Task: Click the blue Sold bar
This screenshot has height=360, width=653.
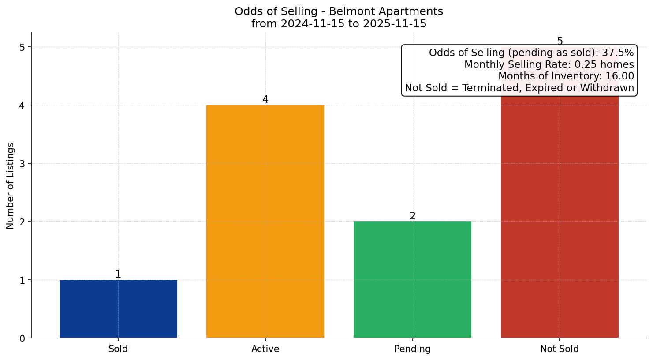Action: [118, 309]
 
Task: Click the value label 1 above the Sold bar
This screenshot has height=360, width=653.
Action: [118, 274]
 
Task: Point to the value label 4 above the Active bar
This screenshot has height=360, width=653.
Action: [265, 100]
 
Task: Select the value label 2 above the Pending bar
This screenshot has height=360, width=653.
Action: [412, 216]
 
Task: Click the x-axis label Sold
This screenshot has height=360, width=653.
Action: [118, 349]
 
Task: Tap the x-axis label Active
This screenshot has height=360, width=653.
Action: [265, 349]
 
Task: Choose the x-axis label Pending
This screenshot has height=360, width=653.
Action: [412, 349]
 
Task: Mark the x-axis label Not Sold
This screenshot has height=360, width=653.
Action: [560, 349]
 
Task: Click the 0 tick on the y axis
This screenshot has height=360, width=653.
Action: [22, 338]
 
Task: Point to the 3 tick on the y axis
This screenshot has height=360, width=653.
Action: [22, 164]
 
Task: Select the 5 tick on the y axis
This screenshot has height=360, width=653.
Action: [22, 47]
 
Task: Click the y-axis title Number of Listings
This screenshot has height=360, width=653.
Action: [11, 185]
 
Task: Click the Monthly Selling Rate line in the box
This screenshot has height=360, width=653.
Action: [549, 65]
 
